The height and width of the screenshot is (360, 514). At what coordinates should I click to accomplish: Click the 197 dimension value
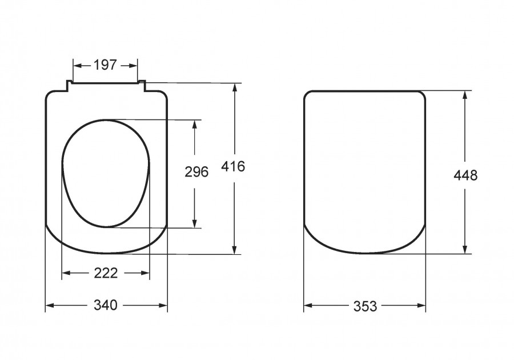point(105,65)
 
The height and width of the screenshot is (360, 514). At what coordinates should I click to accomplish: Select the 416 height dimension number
point(233,166)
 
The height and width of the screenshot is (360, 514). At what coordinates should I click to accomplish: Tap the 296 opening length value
point(196,172)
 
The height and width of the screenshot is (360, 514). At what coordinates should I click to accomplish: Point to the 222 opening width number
point(106,273)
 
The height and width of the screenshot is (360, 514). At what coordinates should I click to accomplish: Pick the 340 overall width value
point(105,305)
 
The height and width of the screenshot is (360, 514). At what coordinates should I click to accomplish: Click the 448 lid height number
point(465,176)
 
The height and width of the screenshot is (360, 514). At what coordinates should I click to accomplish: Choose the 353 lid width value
point(365,306)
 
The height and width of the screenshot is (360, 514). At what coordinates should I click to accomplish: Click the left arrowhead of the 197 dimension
point(77,66)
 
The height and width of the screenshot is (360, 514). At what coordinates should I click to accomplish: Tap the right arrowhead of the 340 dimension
point(163,306)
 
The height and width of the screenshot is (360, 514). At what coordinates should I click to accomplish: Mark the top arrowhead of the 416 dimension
point(234,88)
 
